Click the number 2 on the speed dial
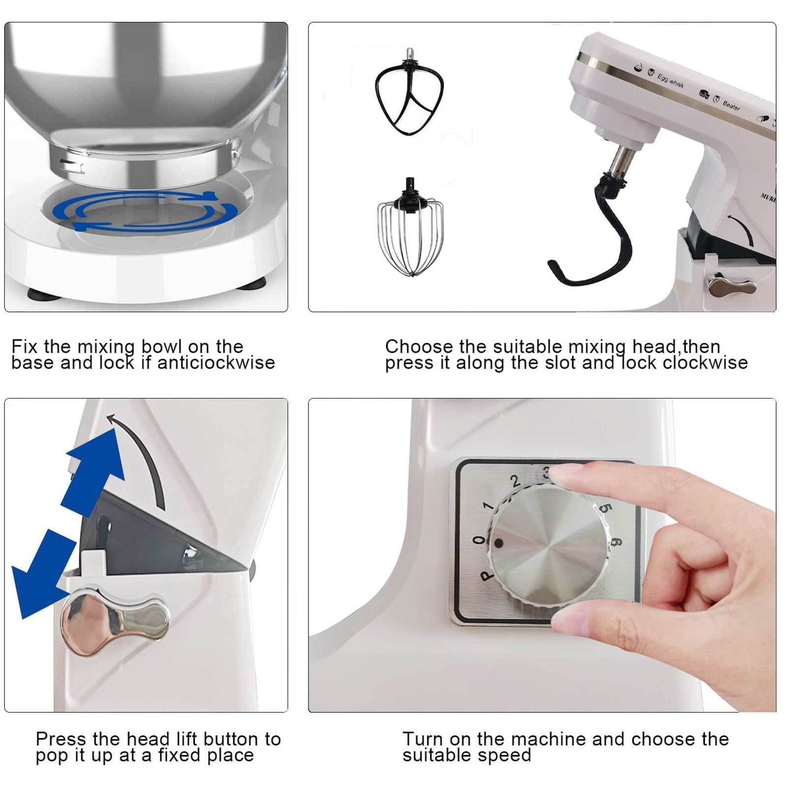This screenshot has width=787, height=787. [515, 481]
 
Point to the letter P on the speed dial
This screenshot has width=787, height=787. [486, 575]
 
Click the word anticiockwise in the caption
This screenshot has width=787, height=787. [216, 363]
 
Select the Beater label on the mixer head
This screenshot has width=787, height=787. [731, 105]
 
